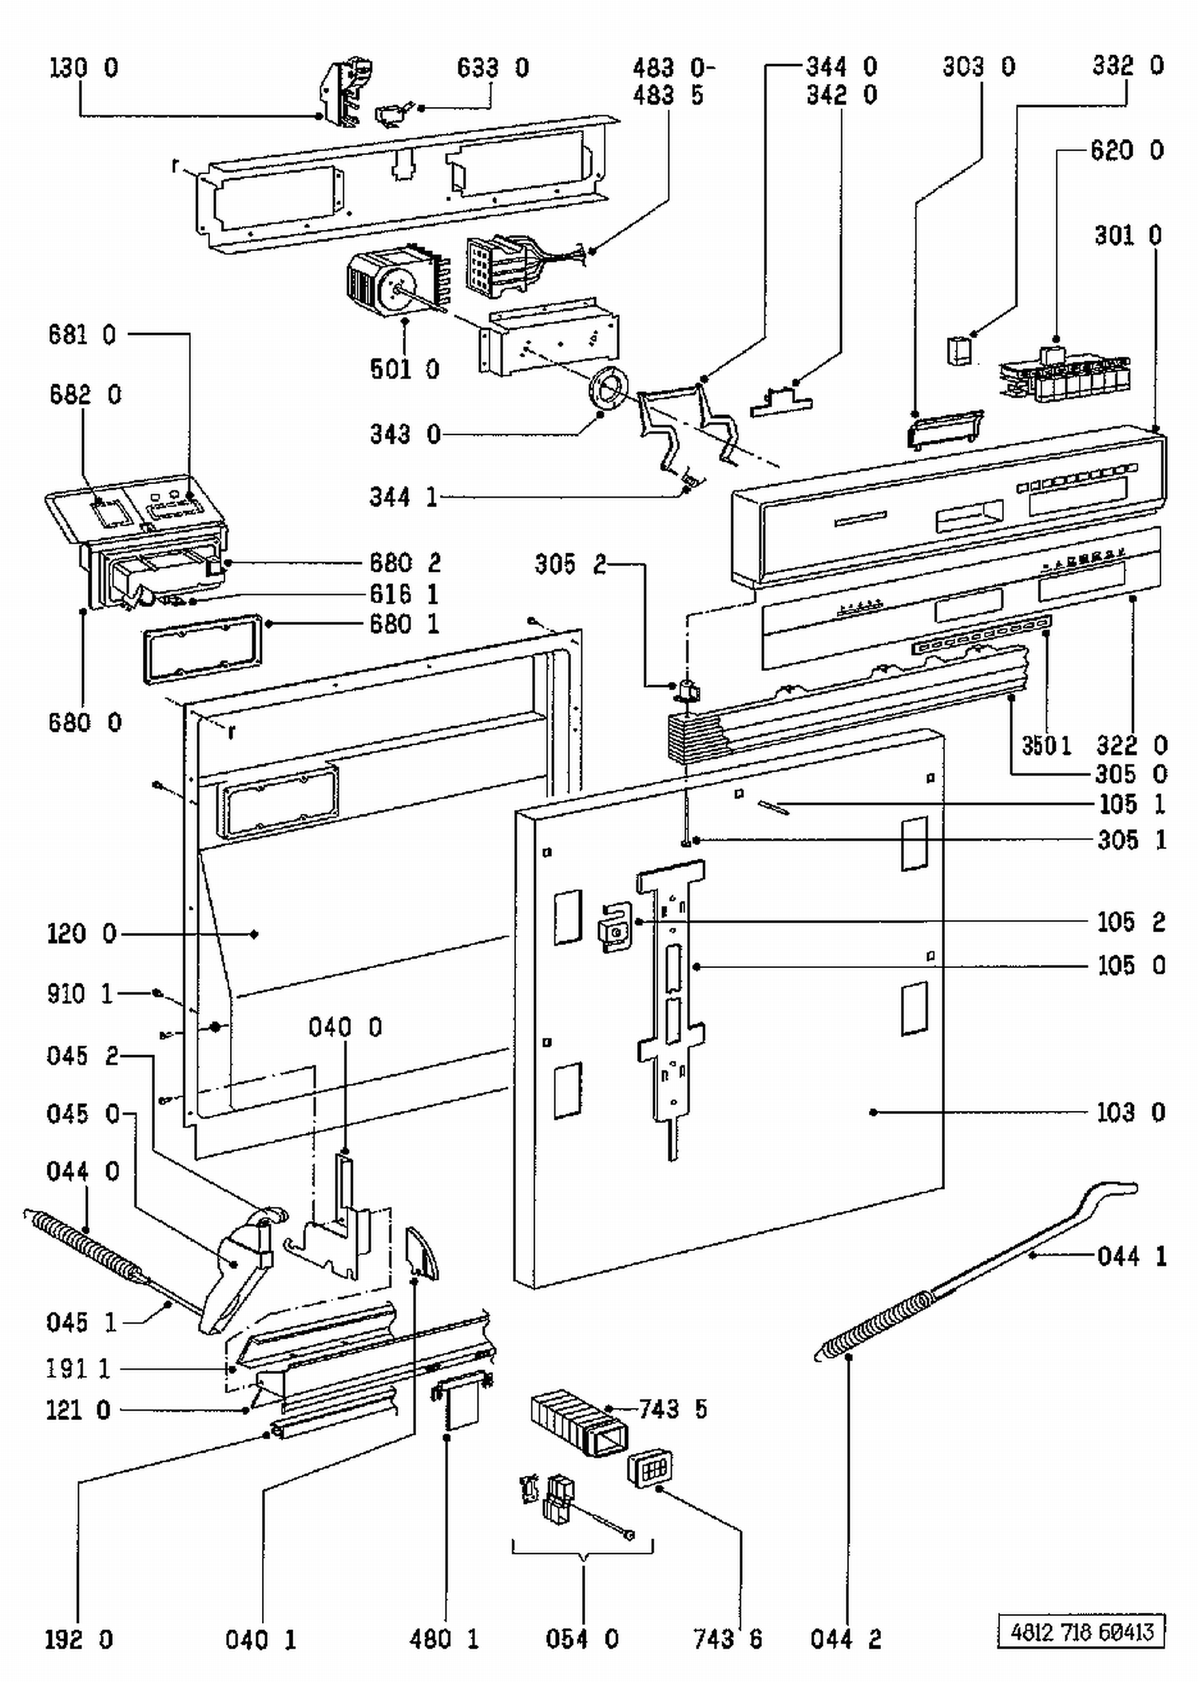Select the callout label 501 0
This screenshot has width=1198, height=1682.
(x=405, y=369)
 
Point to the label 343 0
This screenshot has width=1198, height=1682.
(x=405, y=434)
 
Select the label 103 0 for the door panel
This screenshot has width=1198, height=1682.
(x=1131, y=1112)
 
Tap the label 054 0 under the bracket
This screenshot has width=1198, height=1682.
(x=582, y=1639)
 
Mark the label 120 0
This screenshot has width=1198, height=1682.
(x=81, y=934)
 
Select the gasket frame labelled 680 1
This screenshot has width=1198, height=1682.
(x=203, y=649)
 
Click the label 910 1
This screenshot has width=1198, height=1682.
(x=80, y=994)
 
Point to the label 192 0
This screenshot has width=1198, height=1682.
(x=79, y=1640)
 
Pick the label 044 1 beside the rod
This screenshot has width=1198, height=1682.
(x=1132, y=1256)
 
